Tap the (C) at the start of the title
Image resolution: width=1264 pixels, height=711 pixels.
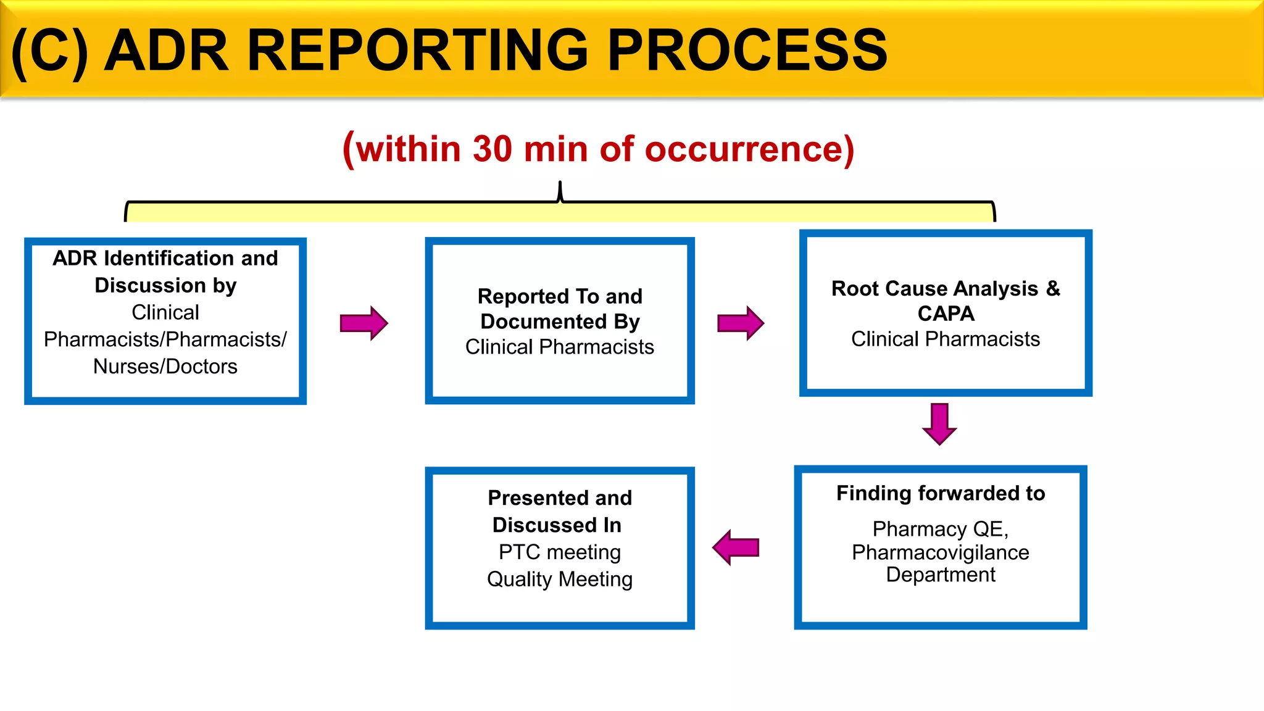49,52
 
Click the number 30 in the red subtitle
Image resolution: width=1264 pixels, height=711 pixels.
493,149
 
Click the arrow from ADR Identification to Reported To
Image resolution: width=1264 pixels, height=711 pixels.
364,323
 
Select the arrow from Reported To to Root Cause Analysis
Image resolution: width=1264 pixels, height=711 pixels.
741,323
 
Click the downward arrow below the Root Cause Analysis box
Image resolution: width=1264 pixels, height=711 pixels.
939,423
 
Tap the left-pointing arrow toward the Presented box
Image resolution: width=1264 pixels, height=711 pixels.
736,547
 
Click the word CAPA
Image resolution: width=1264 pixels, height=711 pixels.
946,314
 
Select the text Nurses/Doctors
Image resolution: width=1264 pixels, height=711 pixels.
165,367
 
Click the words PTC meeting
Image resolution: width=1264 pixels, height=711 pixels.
560,552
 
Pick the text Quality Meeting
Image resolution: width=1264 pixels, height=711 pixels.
560,579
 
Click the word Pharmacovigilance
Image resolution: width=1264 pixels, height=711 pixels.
941,552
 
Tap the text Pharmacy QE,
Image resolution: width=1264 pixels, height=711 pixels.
941,529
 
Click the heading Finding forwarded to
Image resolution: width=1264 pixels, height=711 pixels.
941,493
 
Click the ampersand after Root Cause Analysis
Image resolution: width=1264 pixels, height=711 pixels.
1053,288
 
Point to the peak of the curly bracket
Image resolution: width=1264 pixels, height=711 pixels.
560,185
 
